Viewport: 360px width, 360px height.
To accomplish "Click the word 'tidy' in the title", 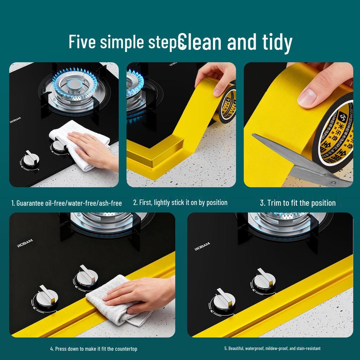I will (276, 42).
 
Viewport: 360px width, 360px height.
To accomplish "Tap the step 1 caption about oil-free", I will (66, 203).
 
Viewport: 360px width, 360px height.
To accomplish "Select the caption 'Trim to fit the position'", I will (298, 203).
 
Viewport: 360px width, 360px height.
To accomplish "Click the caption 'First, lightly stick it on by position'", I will (180, 202).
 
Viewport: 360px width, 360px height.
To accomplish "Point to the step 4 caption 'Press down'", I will (94, 349).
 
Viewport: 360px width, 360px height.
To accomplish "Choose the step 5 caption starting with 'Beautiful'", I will (272, 348).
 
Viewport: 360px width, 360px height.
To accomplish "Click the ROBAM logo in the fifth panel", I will (202, 246).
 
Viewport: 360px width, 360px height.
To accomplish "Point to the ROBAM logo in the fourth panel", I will (25, 243).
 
